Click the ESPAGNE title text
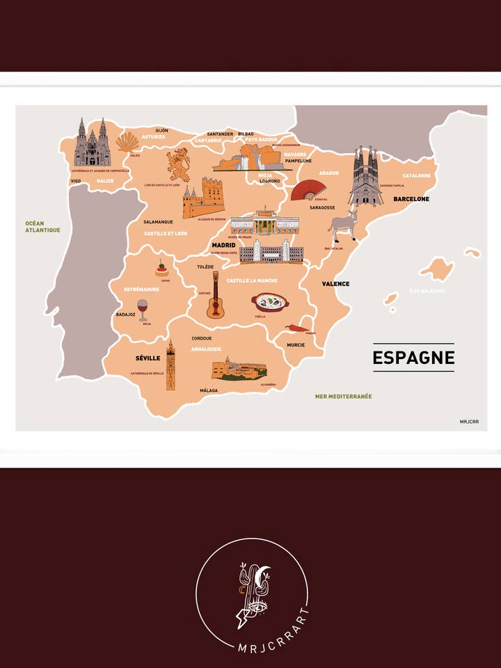tap(413, 358)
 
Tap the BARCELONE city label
tap(411, 199)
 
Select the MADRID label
tap(224, 246)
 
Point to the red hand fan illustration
tap(308, 189)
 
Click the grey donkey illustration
tap(342, 227)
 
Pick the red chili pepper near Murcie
tap(296, 328)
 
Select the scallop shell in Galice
tap(127, 143)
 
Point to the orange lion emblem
tap(178, 165)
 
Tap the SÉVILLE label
tap(148, 358)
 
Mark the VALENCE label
tap(335, 284)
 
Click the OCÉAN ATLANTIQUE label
tap(42, 227)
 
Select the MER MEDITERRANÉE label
tap(343, 397)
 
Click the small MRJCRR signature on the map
tap(469, 422)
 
